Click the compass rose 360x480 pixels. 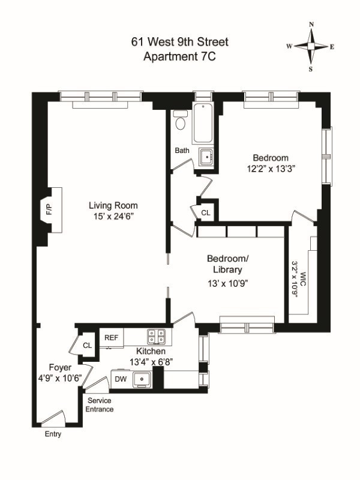tap(311, 46)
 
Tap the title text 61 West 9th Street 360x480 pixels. tap(180, 42)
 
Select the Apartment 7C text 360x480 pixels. tap(180, 57)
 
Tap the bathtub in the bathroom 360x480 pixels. tap(205, 123)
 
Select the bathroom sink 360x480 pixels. tap(206, 156)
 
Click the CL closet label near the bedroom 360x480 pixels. tap(206, 212)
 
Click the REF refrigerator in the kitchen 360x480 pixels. tap(111, 338)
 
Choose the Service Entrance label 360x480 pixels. tap(100, 404)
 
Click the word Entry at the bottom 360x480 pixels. tap(53, 434)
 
